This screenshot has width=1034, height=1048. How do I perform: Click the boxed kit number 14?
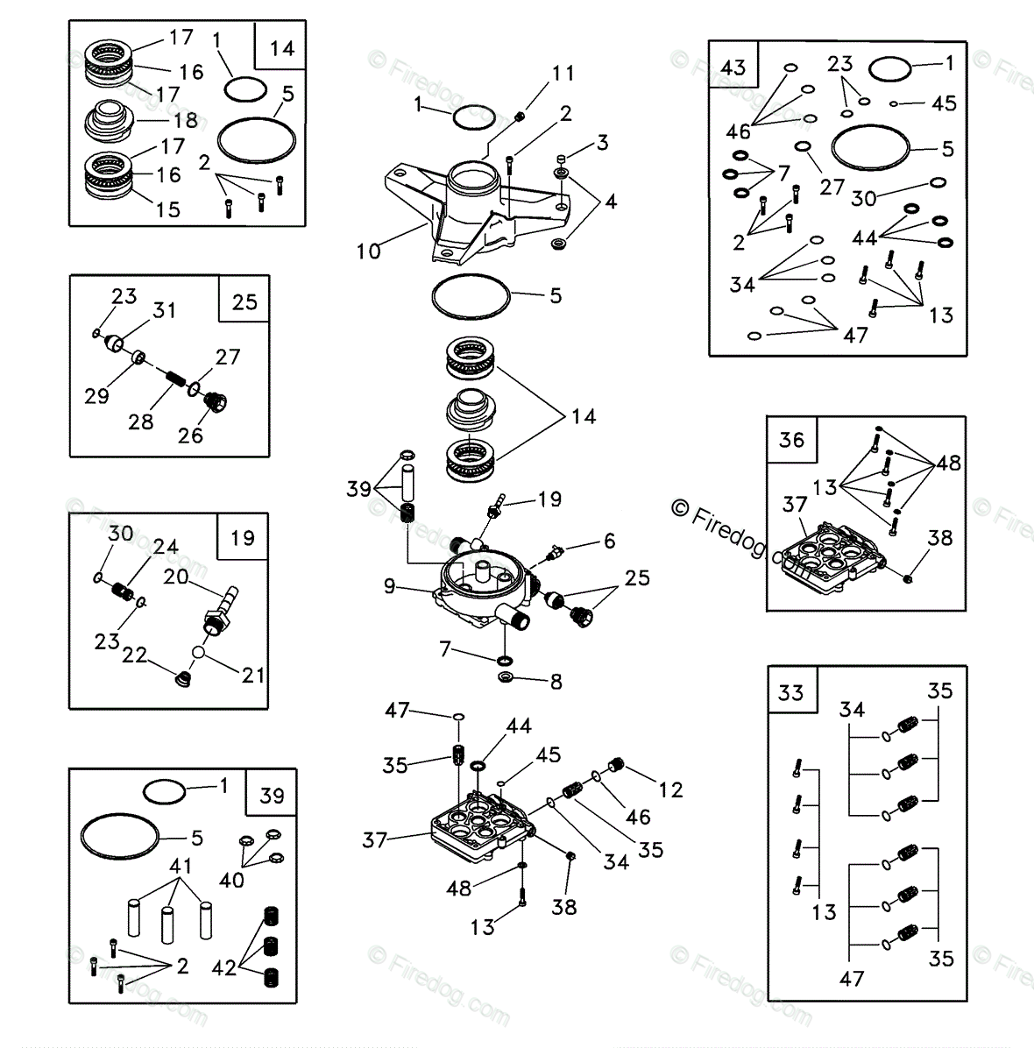[282, 47]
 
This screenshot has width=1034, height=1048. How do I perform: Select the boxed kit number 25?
[244, 301]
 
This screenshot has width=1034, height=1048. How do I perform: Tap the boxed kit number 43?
[733, 67]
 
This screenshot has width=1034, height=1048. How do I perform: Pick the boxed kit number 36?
[791, 440]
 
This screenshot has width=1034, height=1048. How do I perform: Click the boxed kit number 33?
[791, 693]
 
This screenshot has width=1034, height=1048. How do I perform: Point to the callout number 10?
[368, 251]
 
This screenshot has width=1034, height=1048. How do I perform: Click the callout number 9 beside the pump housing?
[390, 584]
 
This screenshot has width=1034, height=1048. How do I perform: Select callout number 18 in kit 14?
[185, 122]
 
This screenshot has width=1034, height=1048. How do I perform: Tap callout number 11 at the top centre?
[562, 74]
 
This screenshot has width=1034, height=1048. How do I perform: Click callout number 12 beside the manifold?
[670, 790]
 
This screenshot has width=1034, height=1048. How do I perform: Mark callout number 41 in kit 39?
[181, 867]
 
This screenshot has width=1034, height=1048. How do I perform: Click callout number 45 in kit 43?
[944, 103]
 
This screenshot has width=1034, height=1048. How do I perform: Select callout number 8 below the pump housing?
[556, 682]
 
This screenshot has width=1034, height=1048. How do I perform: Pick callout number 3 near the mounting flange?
[601, 142]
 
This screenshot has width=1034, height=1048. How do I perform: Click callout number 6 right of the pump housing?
[608, 542]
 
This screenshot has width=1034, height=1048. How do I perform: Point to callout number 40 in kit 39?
[232, 879]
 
